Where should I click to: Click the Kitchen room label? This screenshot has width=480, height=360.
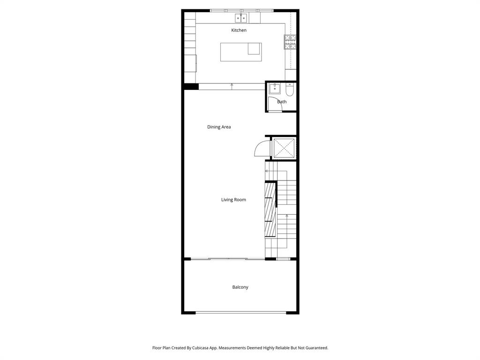click(239, 30)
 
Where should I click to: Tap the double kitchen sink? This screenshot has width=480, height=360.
click(241, 18)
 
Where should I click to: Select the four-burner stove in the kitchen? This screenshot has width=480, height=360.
click(290, 42)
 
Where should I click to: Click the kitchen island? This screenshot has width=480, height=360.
click(241, 52)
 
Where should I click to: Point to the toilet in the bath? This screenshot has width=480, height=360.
click(290, 89)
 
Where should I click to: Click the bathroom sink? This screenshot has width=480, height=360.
click(275, 88)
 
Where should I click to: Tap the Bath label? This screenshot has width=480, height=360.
click(282, 102)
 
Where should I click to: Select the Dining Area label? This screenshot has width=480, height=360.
click(219, 127)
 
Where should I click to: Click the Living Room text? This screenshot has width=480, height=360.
click(233, 200)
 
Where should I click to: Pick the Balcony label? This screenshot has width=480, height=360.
click(240, 287)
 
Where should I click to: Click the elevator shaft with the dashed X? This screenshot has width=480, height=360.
click(284, 148)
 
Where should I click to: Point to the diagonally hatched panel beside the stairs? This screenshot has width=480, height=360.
click(270, 209)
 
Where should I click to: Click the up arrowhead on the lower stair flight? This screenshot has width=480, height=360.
click(286, 216)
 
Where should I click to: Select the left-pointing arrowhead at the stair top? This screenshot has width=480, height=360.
click(267, 172)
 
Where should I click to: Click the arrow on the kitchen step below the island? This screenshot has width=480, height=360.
click(232, 85)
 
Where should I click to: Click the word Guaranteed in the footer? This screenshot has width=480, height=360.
click(316, 348)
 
